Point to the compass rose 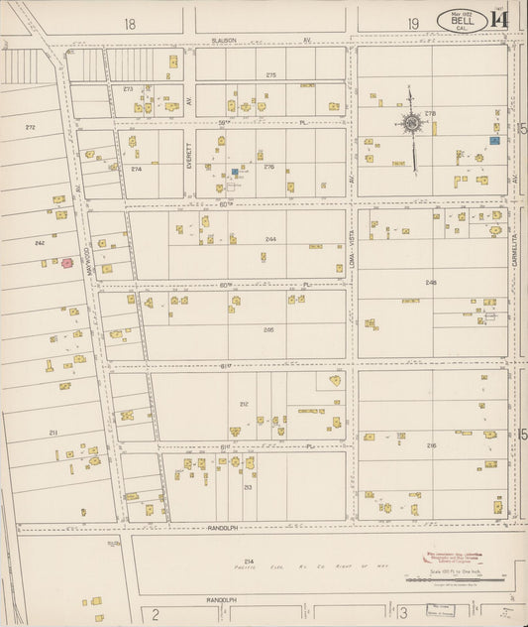coord(410,123)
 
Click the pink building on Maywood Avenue coord(67,263)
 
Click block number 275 coord(270,75)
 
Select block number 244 coord(269,240)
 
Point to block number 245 coord(431,282)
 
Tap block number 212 coord(243,404)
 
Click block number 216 coord(431,446)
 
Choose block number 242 coord(40,242)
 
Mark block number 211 coord(53,434)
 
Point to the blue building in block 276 coord(235,172)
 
